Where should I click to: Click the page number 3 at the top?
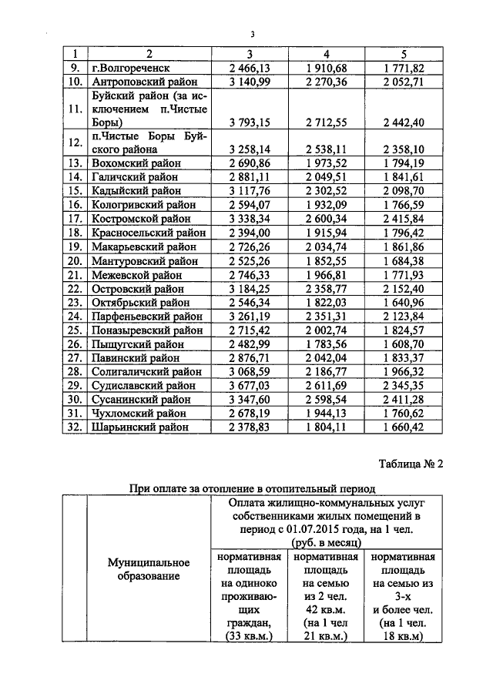coord(251,33)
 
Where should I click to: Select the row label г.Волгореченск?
coord(128,68)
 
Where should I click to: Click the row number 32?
coord(75,427)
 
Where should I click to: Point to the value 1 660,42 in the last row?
coord(404,427)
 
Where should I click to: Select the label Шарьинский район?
coord(141,427)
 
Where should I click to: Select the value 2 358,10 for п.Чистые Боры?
coord(404,149)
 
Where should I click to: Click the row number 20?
coord(75,260)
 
